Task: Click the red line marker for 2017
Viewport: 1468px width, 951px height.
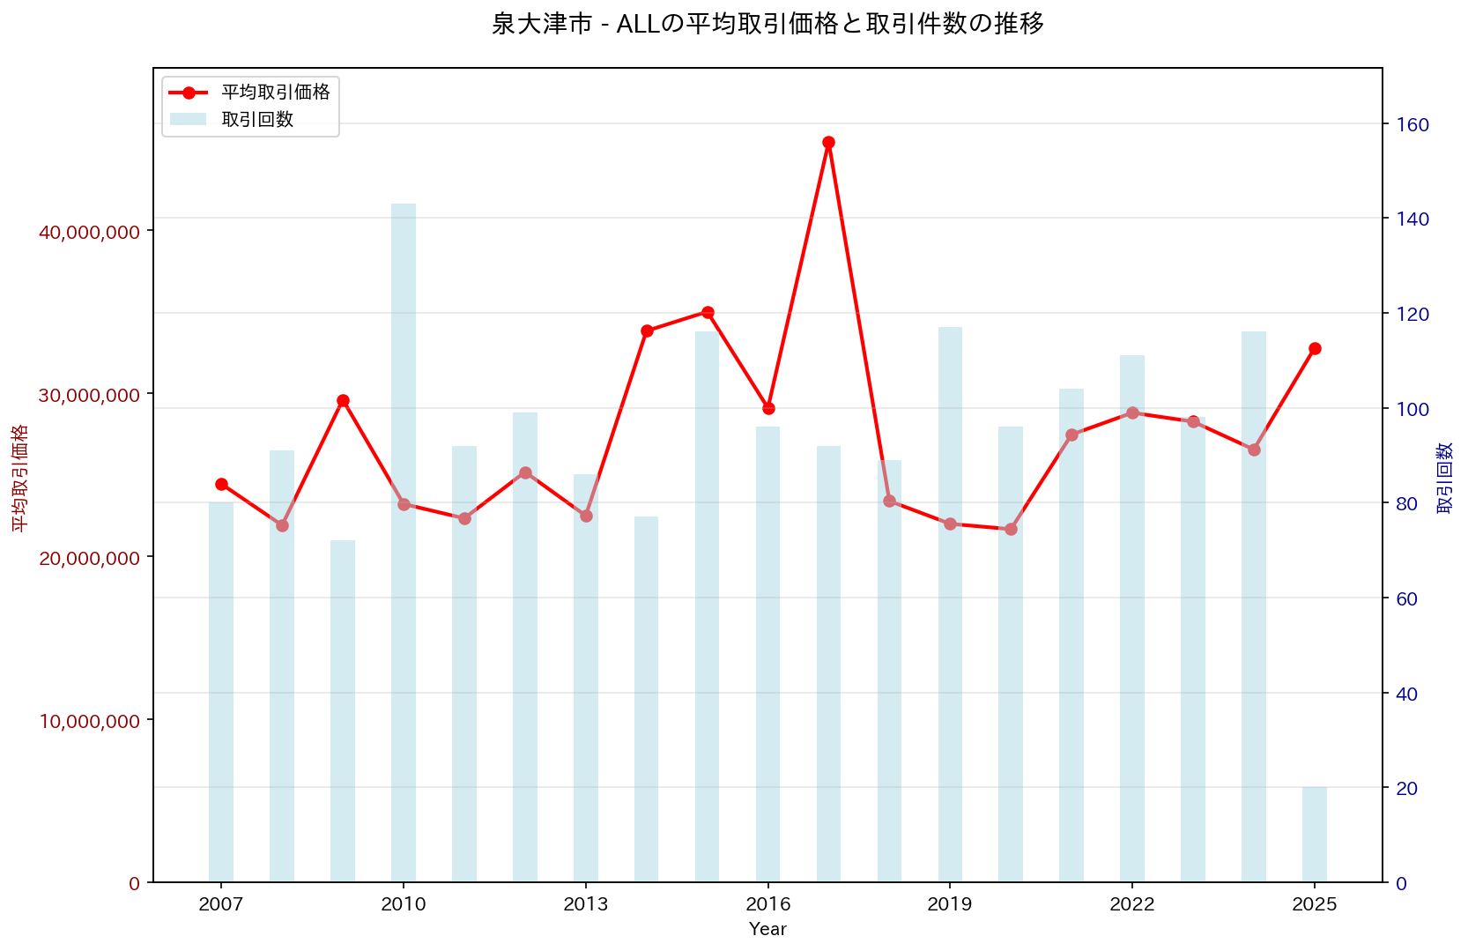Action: coord(828,142)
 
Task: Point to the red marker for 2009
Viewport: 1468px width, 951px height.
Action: coord(343,400)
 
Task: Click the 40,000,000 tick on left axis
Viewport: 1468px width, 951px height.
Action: coord(89,232)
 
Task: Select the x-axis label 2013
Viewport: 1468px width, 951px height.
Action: coord(586,904)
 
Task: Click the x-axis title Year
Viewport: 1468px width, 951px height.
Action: coord(767,929)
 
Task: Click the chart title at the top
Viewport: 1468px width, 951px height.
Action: coord(767,24)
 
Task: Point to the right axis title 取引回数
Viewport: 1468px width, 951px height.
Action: coord(1445,477)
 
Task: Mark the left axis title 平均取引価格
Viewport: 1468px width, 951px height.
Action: coord(19,477)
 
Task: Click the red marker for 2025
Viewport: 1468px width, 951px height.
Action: coord(1315,348)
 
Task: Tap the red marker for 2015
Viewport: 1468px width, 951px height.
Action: coord(708,312)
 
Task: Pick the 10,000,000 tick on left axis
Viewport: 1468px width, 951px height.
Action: coord(89,721)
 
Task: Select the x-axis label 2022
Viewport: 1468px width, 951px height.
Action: coord(1132,904)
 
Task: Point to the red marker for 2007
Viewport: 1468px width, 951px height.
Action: coord(221,484)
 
